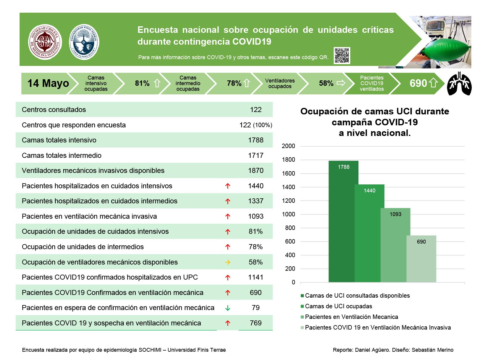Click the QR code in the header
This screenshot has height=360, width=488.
[x=342, y=55]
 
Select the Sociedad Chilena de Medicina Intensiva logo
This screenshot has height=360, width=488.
[x=45, y=42]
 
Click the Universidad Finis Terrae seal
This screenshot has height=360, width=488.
[x=84, y=42]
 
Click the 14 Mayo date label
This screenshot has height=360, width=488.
[x=48, y=83]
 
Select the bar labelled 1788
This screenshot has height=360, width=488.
[x=343, y=221]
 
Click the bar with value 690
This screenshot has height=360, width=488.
[x=421, y=259]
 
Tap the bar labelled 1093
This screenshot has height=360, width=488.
[x=395, y=245]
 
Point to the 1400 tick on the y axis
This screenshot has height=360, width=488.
[x=288, y=187]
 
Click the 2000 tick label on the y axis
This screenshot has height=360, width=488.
[x=288, y=146]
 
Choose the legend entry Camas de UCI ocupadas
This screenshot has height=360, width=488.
[x=336, y=306]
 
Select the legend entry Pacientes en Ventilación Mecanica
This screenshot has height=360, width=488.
[x=349, y=317]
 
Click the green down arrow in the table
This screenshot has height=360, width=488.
[x=228, y=308]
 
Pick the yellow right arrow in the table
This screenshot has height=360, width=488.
[x=228, y=262]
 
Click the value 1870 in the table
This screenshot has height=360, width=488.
[x=256, y=171]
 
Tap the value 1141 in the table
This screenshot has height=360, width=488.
[x=256, y=277]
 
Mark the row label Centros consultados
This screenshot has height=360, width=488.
[x=54, y=110]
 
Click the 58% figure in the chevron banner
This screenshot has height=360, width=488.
[x=326, y=83]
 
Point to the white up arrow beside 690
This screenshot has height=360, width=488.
[x=433, y=83]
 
